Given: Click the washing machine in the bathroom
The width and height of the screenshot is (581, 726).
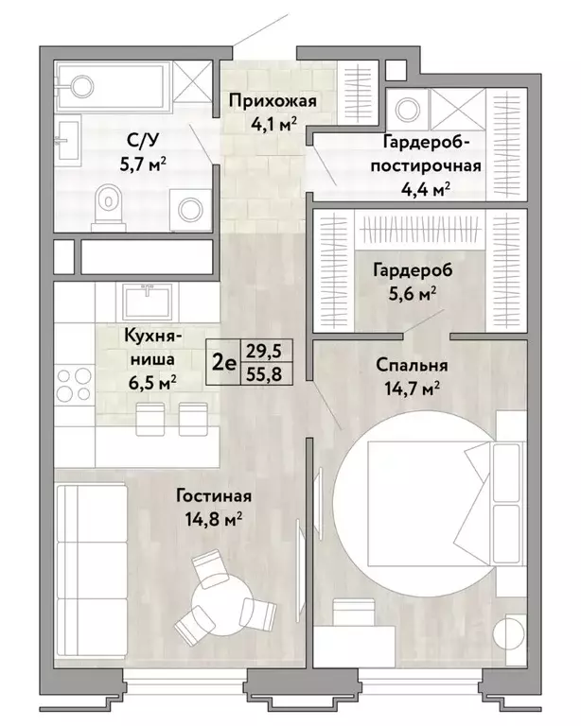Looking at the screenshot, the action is coord(190,210).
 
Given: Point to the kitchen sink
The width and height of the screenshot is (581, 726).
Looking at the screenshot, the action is coord(147,302).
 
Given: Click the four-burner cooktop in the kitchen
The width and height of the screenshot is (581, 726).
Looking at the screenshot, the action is coord(74,384).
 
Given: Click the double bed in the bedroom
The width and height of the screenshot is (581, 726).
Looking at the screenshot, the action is coord(446,503).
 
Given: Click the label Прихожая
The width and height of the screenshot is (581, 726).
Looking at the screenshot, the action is coord(273,100).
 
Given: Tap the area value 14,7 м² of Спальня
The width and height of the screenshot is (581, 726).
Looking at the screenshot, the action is coord(412,389).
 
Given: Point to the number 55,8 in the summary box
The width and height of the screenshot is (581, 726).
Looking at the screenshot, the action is coord(264,373).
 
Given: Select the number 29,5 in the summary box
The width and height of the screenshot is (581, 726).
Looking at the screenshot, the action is coord(264,351).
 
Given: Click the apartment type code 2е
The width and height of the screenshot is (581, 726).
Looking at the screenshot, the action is coord(224,363).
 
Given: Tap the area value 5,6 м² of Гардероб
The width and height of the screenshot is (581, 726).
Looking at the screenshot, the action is coord(413,294).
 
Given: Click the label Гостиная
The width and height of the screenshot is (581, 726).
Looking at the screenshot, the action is coord(214,496).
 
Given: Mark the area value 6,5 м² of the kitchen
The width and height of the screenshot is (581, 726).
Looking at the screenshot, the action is coord(152,383).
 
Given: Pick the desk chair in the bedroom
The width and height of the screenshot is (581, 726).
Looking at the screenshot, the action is coord(354,613).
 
